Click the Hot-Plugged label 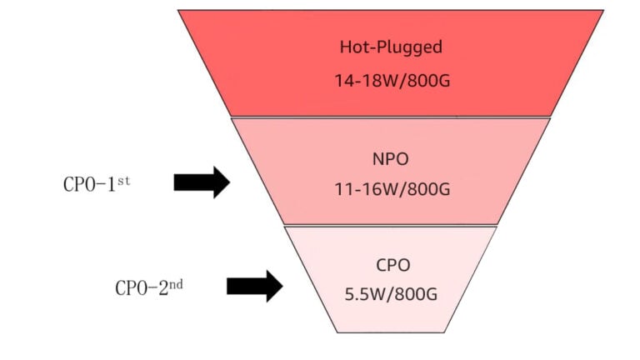[391, 47]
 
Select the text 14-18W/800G [391, 81]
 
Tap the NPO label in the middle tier [390, 157]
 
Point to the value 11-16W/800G [390, 190]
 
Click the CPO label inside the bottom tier [390, 265]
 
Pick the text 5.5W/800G [390, 294]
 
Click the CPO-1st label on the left [97, 184]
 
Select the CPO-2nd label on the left [149, 287]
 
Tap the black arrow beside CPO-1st [202, 182]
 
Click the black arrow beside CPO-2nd [255, 286]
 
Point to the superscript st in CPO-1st [123, 179]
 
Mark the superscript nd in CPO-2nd [175, 283]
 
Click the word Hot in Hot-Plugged [352, 47]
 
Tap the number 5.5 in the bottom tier [357, 294]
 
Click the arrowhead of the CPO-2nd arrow [273, 286]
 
